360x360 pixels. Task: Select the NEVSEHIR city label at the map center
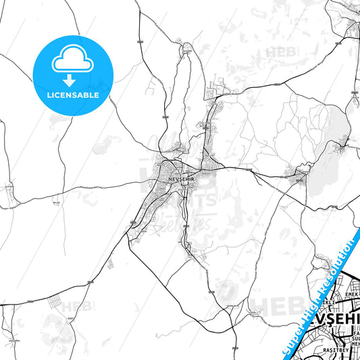click(184, 178)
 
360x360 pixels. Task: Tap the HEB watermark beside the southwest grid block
click(71, 307)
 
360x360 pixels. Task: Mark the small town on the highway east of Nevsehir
click(298, 177)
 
